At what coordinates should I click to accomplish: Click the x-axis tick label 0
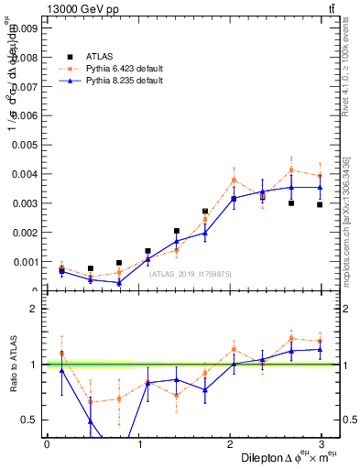click(47, 443)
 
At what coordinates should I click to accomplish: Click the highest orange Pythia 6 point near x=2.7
click(291, 169)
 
